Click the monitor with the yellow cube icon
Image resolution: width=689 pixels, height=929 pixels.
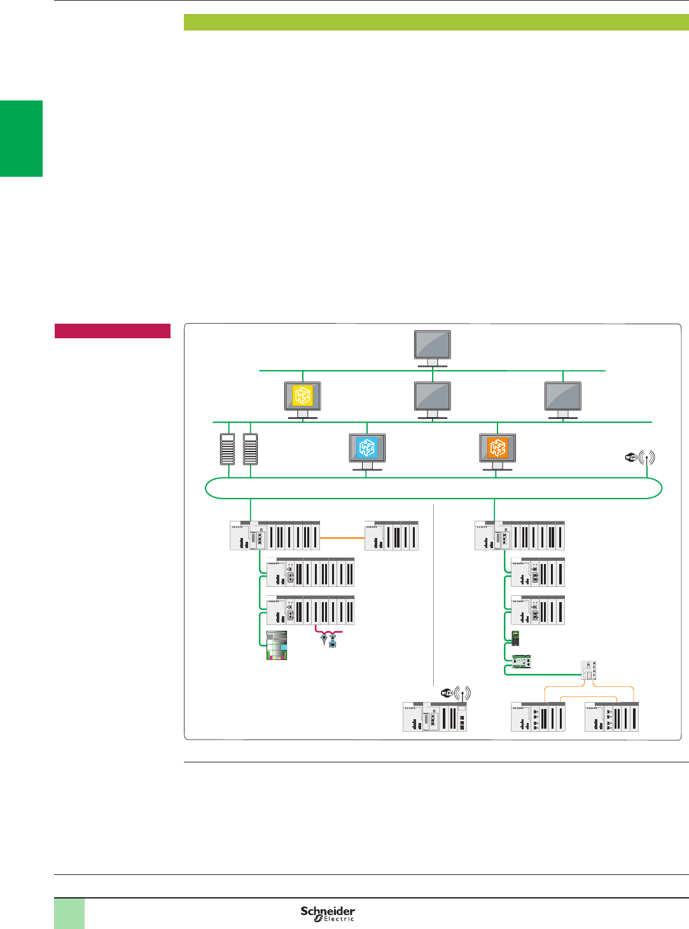tap(302, 397)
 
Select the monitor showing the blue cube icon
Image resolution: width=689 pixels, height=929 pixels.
tap(367, 448)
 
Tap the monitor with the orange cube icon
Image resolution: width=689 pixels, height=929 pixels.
tap(498, 448)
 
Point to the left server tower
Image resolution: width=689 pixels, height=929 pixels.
tap(228, 449)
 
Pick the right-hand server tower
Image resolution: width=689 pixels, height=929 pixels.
tap(250, 449)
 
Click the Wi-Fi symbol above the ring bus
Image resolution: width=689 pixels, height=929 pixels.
tap(639, 457)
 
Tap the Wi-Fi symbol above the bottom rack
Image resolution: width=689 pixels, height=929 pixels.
tap(456, 693)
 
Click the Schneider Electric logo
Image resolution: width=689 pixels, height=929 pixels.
tap(328, 913)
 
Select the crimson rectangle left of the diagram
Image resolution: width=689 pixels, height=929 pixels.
tap(113, 331)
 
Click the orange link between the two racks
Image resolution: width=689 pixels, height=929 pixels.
tap(342, 538)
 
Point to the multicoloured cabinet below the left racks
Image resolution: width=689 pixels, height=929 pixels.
tap(277, 645)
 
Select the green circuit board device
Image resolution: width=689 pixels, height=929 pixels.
tap(522, 661)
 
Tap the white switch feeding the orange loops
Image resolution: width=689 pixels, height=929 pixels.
tap(588, 670)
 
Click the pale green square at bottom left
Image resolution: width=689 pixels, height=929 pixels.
tap(69, 913)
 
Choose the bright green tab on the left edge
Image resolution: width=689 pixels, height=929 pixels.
tap(21, 139)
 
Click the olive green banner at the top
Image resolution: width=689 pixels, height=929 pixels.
tap(436, 22)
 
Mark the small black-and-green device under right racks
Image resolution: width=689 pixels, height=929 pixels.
tap(515, 637)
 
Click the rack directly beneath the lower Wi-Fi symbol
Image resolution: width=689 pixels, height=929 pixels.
tap(435, 717)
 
